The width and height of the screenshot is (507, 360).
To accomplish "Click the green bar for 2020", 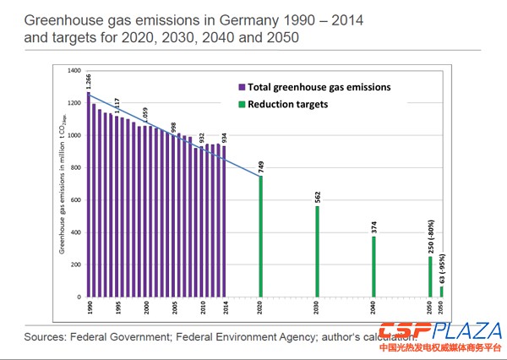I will [260, 237].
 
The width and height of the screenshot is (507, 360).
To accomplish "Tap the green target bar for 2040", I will [373, 267].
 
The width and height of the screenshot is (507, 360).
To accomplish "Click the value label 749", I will [260, 164].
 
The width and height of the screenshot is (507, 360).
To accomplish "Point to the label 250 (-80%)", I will [429, 234].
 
